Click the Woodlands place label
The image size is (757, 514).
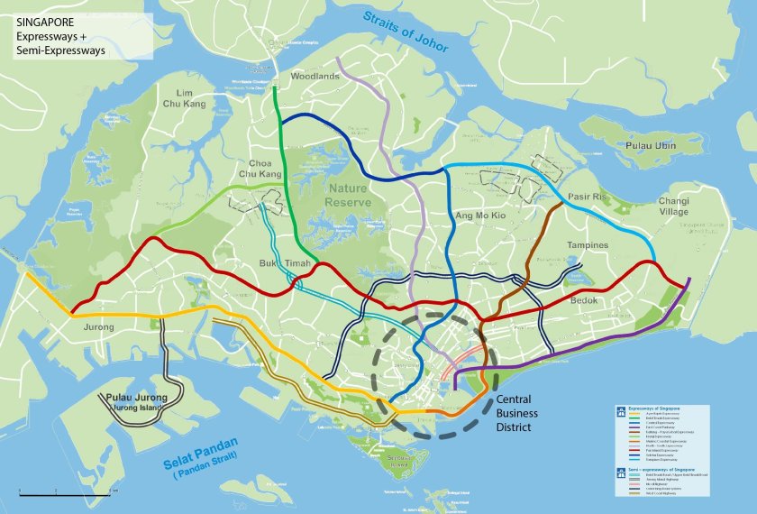pos(315,78)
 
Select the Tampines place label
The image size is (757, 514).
pos(588,245)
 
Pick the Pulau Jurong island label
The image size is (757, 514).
pos(139,397)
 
